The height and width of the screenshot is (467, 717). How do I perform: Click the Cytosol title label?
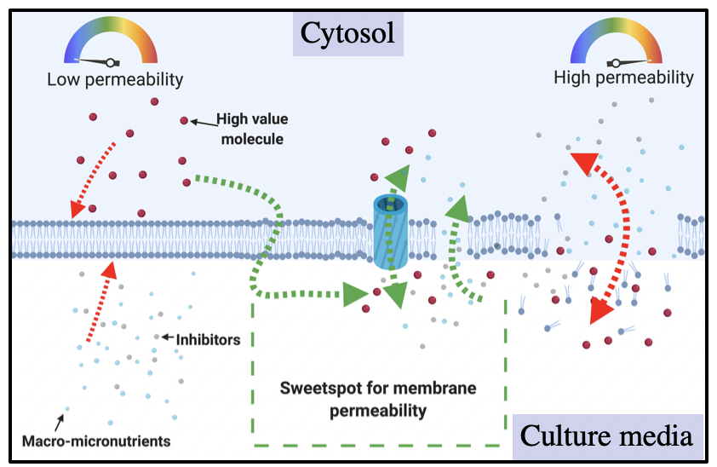click(x=347, y=33)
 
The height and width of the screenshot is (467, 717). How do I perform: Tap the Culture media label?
click(x=606, y=436)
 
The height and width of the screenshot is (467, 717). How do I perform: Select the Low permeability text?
click(x=115, y=79)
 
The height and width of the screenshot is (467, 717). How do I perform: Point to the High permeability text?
click(x=623, y=78)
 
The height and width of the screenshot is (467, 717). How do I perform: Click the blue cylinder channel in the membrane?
click(x=391, y=232)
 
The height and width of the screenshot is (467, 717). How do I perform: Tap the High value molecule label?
click(x=252, y=129)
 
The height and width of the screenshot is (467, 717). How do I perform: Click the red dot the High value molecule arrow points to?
click(x=184, y=120)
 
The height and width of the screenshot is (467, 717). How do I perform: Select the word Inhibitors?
click(x=208, y=340)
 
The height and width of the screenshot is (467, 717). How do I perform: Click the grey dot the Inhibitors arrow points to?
click(x=157, y=337)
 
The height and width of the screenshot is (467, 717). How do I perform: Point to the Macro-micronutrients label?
click(x=96, y=441)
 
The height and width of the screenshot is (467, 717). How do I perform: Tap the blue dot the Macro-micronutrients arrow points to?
click(x=67, y=409)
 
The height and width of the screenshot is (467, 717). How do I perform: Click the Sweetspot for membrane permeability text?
click(x=378, y=400)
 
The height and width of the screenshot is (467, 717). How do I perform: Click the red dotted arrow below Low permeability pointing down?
click(x=93, y=180)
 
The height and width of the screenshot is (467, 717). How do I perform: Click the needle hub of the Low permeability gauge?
click(x=110, y=62)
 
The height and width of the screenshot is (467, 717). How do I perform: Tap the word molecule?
click(x=252, y=139)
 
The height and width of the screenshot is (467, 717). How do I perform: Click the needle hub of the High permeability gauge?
click(x=616, y=63)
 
